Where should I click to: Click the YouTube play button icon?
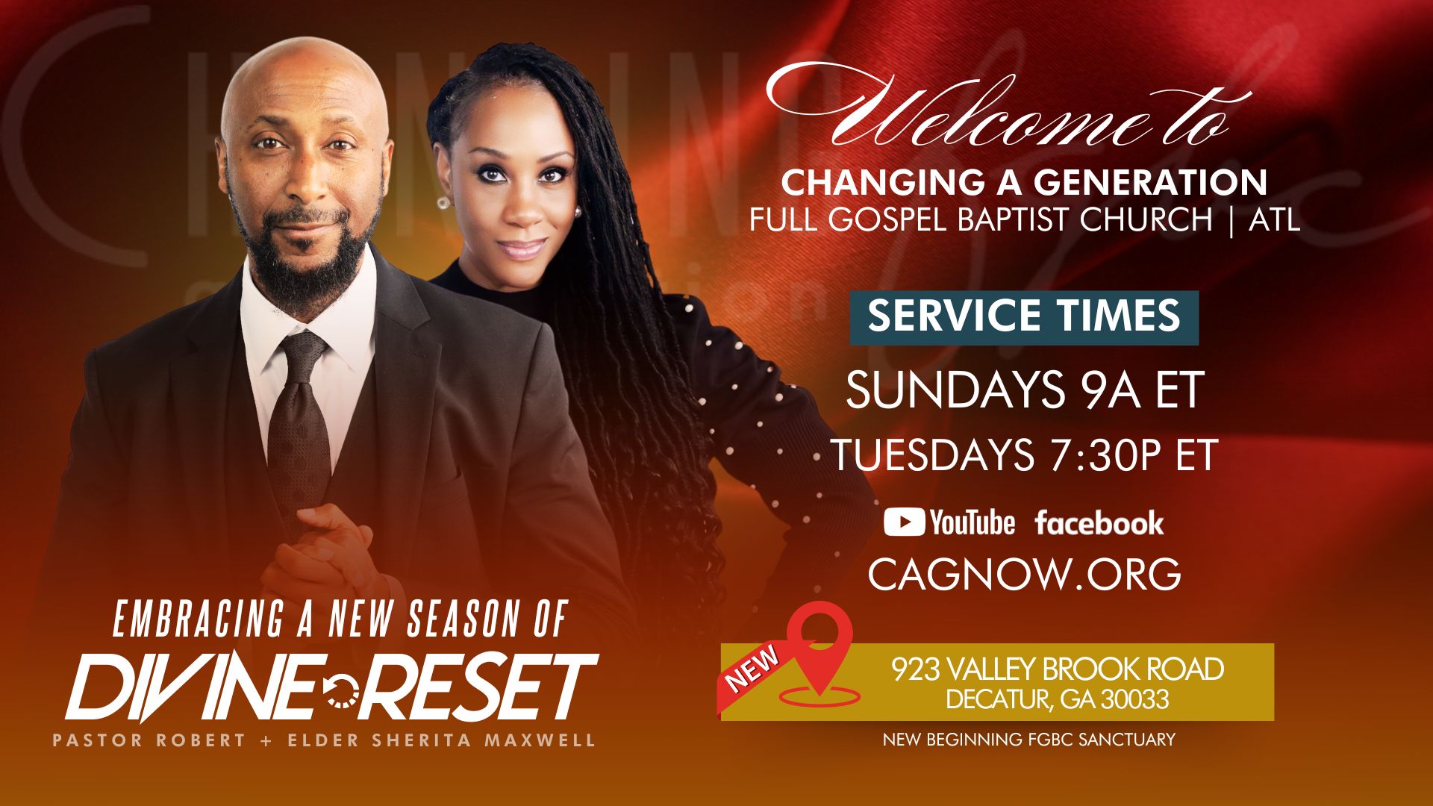pos(905,522)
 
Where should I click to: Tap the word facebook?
pos(1099,523)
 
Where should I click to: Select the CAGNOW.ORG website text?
pos(1024,573)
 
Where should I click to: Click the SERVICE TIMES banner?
pos(1024,317)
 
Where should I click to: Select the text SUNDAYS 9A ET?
pos(1024,389)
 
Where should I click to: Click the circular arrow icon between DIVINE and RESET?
pos(342,690)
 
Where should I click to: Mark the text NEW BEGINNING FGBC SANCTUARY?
pos(1028,740)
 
